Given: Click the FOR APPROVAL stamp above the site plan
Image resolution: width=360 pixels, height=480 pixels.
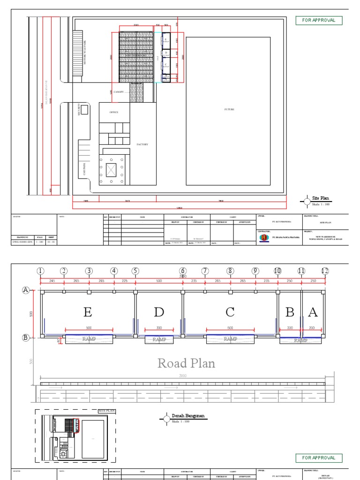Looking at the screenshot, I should coord(319,21).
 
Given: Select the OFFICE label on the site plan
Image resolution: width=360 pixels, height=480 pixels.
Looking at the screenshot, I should coord(114,112).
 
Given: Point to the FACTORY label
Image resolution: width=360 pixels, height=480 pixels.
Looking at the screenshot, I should coord(142,144).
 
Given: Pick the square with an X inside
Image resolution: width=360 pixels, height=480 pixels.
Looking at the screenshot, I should coord(111,170).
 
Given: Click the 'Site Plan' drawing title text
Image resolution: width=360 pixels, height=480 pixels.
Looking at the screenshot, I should coord(319,198).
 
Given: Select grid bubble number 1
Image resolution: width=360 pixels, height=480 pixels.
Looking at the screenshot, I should coord(41,271).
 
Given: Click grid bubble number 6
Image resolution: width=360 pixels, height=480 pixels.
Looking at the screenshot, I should coord(183,271).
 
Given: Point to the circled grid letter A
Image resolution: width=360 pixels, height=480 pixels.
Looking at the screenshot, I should coord(26,291).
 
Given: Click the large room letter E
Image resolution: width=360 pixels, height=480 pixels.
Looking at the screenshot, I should coord(88,312).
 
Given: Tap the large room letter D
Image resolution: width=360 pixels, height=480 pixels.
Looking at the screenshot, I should coord(159,312).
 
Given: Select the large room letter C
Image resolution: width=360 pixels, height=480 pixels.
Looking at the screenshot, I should coord(230,312).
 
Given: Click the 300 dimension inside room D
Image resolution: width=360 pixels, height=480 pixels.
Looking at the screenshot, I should coord(159,328).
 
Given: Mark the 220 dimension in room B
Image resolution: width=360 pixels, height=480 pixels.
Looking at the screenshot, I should coord(291,328).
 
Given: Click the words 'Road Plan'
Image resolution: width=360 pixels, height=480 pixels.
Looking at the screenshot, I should coord(186,363).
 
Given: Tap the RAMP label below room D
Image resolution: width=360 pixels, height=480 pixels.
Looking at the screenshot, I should coord(159,339).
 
